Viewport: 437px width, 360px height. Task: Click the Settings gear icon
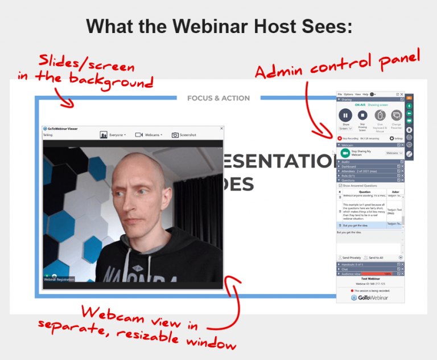pyautogui.click(x=391, y=138)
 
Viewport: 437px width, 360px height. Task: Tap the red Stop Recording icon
pyautogui.click(x=340, y=138)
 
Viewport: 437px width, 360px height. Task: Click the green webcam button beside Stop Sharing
pyautogui.click(x=345, y=153)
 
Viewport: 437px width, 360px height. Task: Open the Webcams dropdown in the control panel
pyautogui.click(x=394, y=153)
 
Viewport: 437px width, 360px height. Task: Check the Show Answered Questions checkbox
pyautogui.click(x=340, y=186)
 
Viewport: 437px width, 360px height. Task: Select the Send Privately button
pyautogui.click(x=353, y=257)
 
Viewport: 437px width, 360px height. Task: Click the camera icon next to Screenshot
pyautogui.click(x=175, y=135)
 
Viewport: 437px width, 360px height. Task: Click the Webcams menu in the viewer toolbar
pyautogui.click(x=150, y=135)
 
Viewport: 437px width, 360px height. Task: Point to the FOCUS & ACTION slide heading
pyautogui.click(x=218, y=98)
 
